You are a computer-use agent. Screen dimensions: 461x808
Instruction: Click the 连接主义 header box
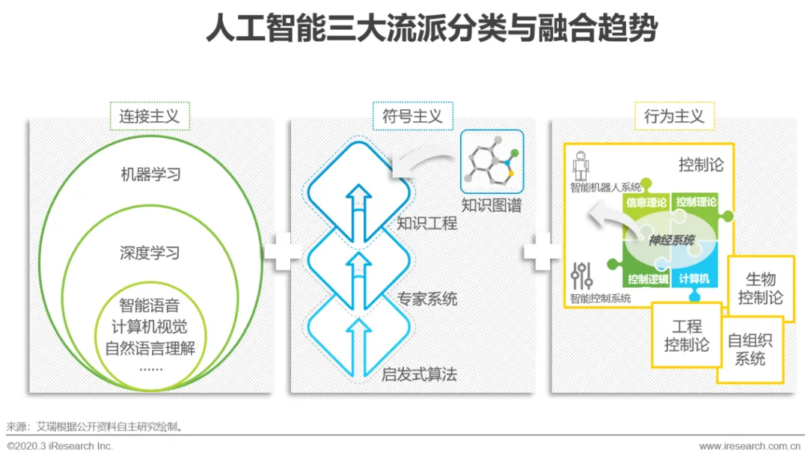click(150, 116)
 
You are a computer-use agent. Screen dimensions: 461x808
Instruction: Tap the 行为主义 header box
click(673, 116)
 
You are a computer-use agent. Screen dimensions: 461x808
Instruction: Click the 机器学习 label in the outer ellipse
click(150, 175)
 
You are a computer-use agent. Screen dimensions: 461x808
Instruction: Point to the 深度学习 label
click(150, 253)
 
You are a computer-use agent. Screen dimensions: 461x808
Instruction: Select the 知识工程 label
click(426, 223)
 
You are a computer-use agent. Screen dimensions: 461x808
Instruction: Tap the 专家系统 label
click(426, 299)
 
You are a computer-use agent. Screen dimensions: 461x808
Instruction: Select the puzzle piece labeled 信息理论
click(646, 203)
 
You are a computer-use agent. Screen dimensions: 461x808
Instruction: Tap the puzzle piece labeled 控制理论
click(696, 203)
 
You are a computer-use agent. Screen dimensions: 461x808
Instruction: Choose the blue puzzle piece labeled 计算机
click(694, 279)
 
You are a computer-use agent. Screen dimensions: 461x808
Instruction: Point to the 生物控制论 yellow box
click(760, 289)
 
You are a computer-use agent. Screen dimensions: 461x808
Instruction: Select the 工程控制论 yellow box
click(686, 335)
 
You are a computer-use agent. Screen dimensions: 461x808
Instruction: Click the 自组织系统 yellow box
click(750, 349)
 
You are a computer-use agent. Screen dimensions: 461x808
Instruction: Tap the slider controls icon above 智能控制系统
click(581, 276)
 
